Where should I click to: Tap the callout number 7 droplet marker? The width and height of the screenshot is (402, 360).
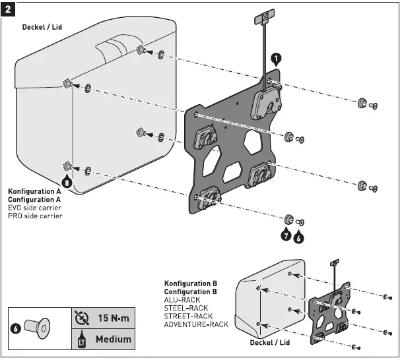click(x=286, y=234)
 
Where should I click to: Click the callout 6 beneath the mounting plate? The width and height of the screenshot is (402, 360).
click(x=299, y=234)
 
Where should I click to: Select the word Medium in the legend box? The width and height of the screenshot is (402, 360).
click(x=113, y=339)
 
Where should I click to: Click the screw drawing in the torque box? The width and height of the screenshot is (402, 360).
click(x=36, y=326)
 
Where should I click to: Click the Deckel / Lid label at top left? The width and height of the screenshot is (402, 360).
click(x=45, y=27)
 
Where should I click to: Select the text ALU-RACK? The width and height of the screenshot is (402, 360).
click(x=182, y=299)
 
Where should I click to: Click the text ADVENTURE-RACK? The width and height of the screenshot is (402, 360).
click(x=196, y=324)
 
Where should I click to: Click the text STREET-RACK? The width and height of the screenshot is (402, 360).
click(x=187, y=316)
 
